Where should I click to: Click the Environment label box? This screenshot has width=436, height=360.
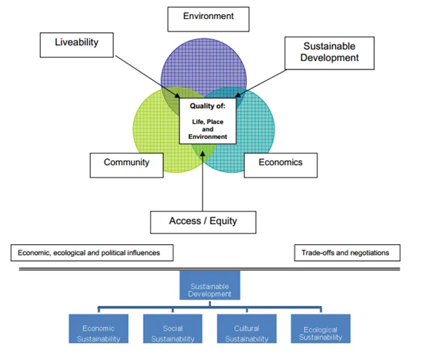[x=208, y=17]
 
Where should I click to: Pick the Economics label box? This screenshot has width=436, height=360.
[x=280, y=163]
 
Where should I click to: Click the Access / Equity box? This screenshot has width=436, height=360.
[x=203, y=221]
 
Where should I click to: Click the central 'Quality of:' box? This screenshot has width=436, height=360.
[x=207, y=121]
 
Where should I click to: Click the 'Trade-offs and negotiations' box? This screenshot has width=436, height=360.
[x=346, y=252]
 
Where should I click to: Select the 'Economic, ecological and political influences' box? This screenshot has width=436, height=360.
[x=92, y=252]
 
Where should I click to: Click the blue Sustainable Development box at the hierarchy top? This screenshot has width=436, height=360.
[x=210, y=288]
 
